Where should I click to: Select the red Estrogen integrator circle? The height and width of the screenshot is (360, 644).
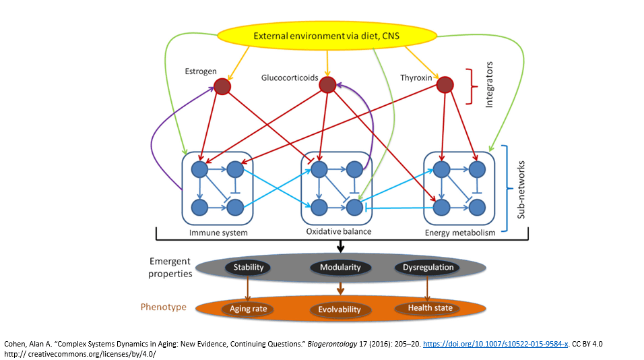pos(222,86)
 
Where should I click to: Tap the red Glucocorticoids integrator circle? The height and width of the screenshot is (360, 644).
pos(327,85)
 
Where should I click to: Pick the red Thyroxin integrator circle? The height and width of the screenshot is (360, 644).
pos(445,85)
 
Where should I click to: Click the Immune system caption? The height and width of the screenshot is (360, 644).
pos(218,233)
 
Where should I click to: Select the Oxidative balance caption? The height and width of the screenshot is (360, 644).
pos(338,232)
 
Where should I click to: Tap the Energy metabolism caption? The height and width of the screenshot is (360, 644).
pos(460,233)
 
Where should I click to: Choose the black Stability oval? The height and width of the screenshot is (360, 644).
pos(249,268)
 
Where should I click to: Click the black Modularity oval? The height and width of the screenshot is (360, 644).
pos(340,268)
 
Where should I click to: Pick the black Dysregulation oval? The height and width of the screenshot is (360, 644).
pos(427,268)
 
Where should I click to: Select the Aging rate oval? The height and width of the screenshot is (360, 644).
pos(249,308)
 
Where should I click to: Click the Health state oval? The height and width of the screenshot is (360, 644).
pos(428,308)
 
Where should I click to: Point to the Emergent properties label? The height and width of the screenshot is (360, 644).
pos(170,268)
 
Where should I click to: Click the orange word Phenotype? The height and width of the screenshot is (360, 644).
pos(164,307)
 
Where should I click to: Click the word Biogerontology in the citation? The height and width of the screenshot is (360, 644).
pos(326,344)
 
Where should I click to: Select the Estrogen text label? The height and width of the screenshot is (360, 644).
pos(201,71)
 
